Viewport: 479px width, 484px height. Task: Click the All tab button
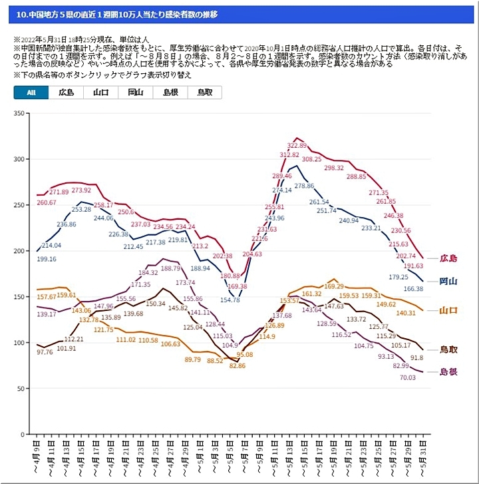tap(31, 93)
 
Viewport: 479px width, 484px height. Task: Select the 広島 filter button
tap(66, 93)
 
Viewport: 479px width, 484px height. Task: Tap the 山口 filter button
tap(101, 93)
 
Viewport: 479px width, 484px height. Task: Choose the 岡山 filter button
tap(136, 93)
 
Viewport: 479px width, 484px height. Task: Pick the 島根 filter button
tap(170, 93)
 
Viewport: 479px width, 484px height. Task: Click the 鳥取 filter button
tap(205, 93)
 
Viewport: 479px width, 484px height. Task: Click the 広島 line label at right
tap(449, 258)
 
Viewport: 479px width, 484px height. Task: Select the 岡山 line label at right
tap(449, 282)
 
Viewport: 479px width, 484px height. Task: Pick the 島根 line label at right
tap(449, 372)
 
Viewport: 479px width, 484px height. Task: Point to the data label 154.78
tap(230, 300)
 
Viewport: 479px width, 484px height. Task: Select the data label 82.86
tap(238, 365)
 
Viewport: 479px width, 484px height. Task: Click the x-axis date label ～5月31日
tap(423, 459)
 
